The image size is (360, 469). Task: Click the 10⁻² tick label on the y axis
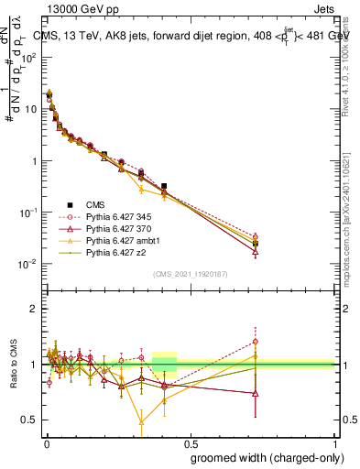coord(29,265)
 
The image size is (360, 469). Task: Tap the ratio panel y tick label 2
coord(33,309)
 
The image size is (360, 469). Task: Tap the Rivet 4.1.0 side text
coord(353,60)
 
